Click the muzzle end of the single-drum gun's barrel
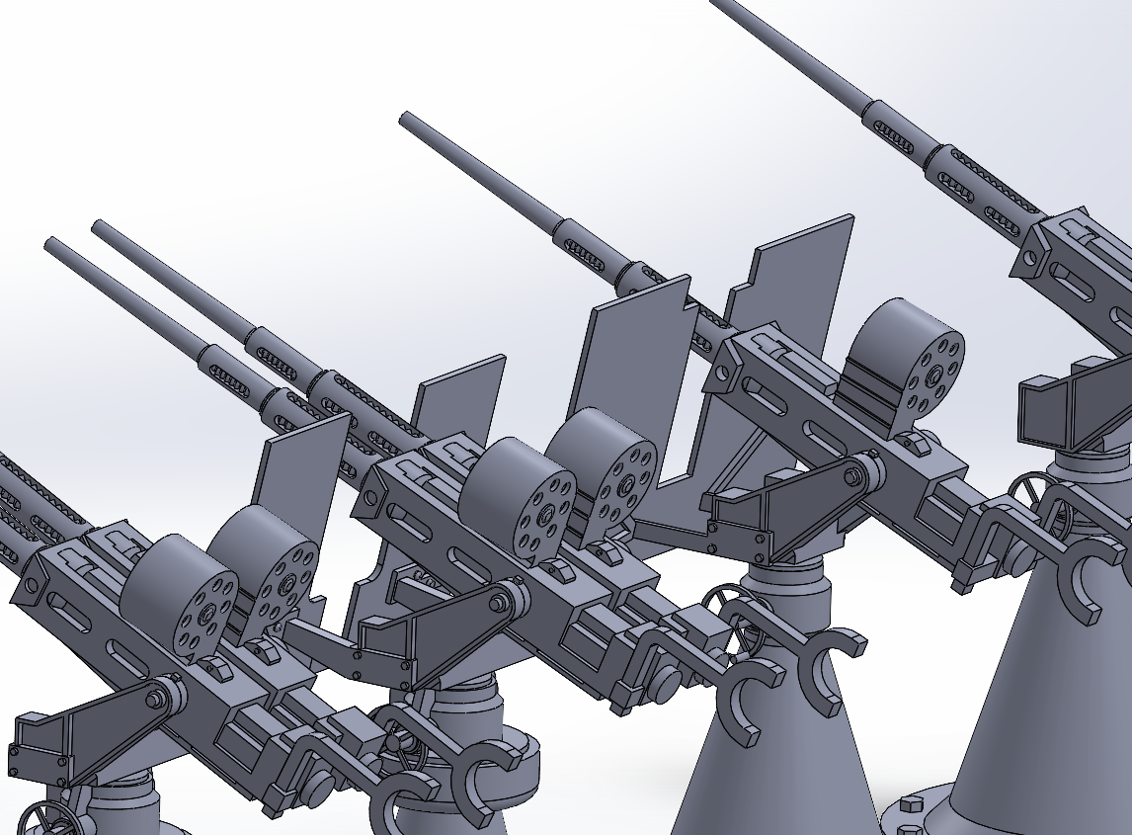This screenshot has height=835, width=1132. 406,120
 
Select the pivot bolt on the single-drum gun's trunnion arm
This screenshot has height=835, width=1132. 851,477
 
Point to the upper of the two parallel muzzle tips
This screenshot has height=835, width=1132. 99,226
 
